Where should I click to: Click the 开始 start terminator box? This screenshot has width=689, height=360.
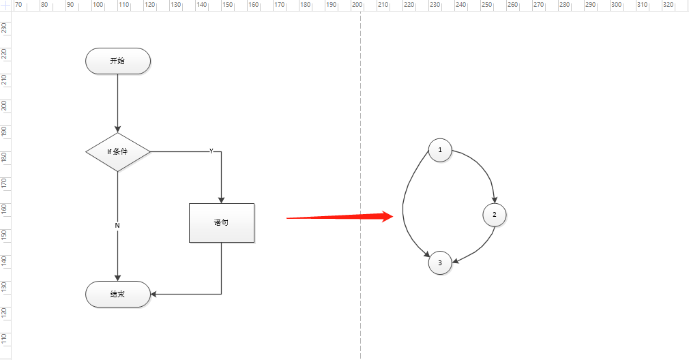click(118, 61)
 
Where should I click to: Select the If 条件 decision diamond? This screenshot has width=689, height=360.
click(118, 151)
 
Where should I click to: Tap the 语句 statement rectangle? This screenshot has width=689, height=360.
click(221, 222)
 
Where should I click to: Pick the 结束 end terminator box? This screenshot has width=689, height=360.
click(118, 294)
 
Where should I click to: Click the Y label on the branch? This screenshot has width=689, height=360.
click(211, 151)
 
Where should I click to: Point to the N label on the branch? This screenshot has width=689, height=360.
click(117, 225)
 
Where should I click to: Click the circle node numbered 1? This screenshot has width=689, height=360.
click(440, 149)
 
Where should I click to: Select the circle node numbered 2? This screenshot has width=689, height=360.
click(495, 215)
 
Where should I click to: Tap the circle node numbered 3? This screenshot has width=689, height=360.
click(440, 262)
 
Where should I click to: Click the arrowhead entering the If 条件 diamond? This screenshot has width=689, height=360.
click(118, 130)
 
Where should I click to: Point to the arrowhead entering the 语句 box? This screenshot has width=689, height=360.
click(221, 200)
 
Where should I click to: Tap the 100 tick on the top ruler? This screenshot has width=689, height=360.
click(98, 5)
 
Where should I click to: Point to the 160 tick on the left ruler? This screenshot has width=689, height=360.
click(5, 209)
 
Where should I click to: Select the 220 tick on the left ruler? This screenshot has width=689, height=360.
click(5, 53)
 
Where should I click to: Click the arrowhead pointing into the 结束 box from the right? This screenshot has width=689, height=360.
click(154, 294)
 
